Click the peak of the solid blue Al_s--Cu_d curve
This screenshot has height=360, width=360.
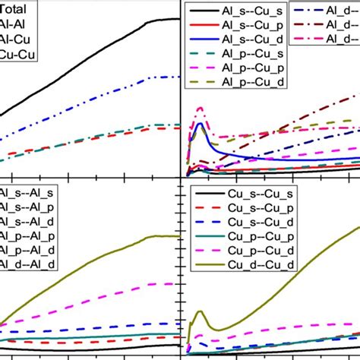pyautogui.click(x=200, y=123)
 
